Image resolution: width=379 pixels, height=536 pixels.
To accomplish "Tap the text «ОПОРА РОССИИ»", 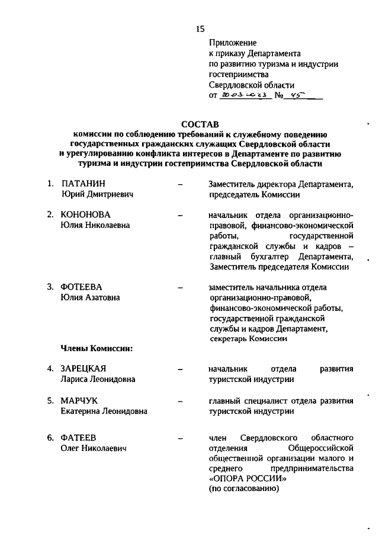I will (240, 479).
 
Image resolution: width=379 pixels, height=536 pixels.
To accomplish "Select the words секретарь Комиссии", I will (248, 339).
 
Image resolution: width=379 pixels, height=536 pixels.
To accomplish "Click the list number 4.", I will (51, 369).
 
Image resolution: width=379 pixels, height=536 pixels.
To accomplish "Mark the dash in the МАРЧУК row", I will (179, 401).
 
